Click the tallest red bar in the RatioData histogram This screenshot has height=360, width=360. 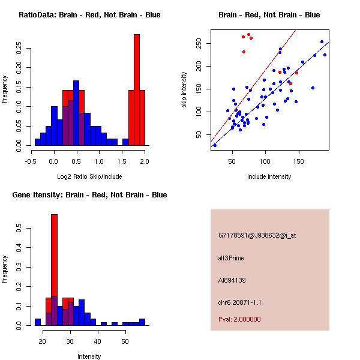[x=136, y=90]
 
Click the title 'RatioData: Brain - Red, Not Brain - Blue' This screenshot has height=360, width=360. [x=89, y=15]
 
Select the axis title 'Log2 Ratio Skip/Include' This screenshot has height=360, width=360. [x=89, y=176]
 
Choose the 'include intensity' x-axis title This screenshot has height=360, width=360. [x=269, y=176]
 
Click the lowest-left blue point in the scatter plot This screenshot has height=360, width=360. [x=214, y=145]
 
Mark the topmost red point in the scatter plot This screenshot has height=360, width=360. [x=248, y=34]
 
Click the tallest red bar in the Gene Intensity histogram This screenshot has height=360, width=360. [x=54, y=270]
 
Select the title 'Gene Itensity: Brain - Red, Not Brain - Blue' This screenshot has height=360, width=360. [x=89, y=195]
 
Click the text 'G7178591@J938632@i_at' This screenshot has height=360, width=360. [x=257, y=235]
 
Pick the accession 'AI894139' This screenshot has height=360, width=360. [x=232, y=280]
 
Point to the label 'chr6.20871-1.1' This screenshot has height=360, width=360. [x=240, y=302]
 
